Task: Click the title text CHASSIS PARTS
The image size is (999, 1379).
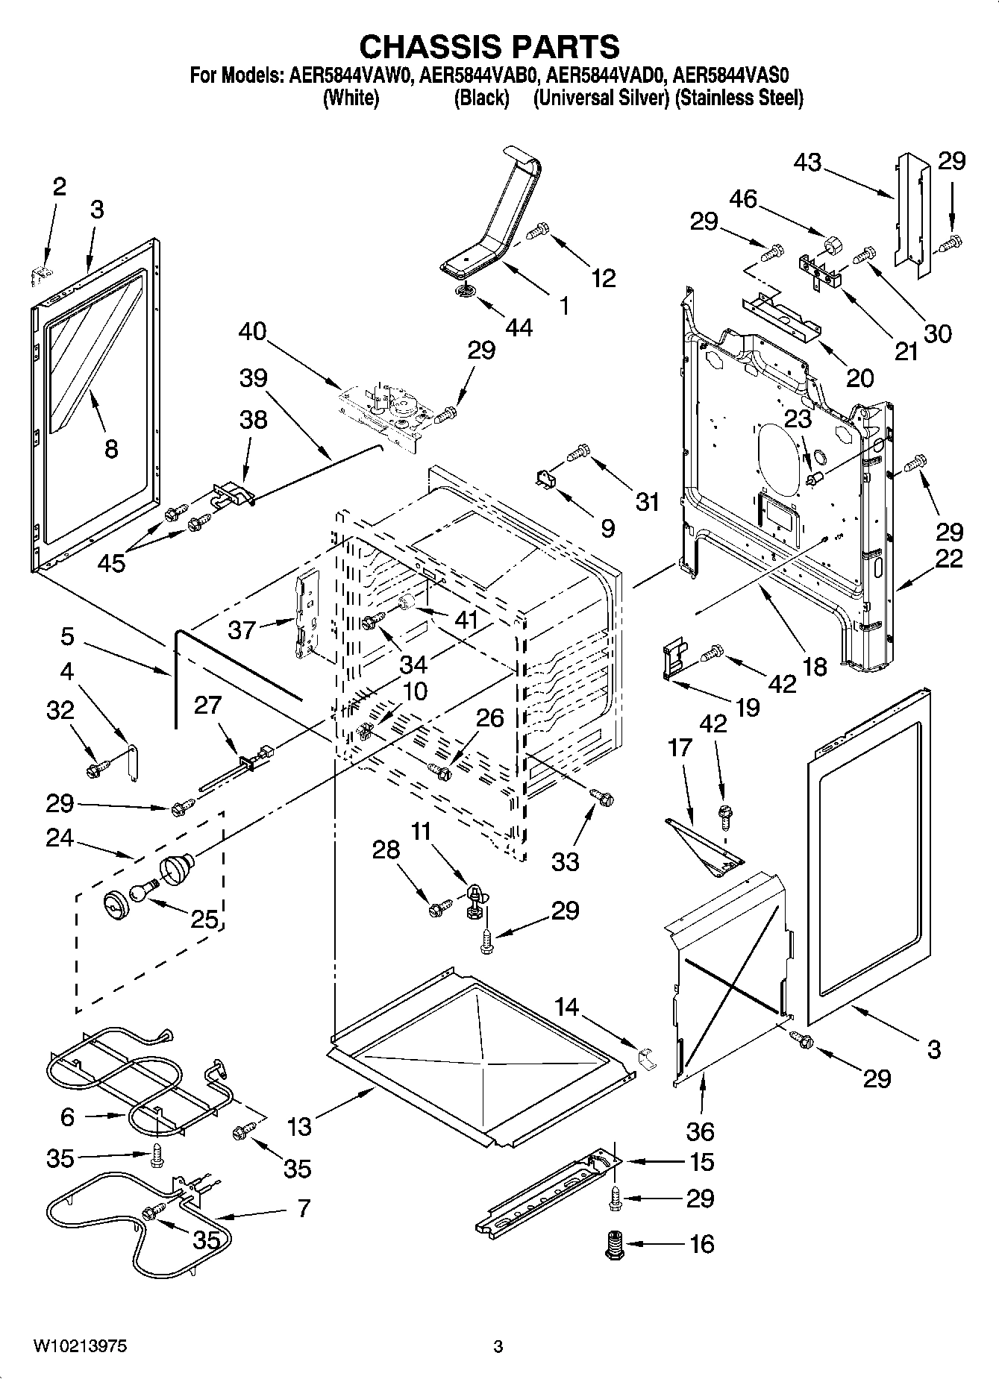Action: pyautogui.click(x=489, y=46)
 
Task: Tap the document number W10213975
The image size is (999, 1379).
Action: pyautogui.click(x=80, y=1346)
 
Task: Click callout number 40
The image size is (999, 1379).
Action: pyautogui.click(x=253, y=330)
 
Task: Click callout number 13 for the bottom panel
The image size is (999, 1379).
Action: pyautogui.click(x=299, y=1126)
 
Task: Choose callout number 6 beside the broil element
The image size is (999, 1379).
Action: pyautogui.click(x=67, y=1116)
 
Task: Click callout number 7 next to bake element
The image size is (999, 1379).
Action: pyautogui.click(x=304, y=1207)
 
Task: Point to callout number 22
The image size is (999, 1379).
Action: pyautogui.click(x=949, y=559)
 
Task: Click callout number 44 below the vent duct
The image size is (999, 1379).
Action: pyautogui.click(x=519, y=327)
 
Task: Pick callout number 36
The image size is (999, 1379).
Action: pyautogui.click(x=700, y=1131)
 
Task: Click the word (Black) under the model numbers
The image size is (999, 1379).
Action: pyautogui.click(x=481, y=98)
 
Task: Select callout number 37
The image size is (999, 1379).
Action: pyautogui.click(x=242, y=630)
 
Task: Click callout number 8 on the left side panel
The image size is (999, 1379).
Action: pyautogui.click(x=110, y=449)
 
